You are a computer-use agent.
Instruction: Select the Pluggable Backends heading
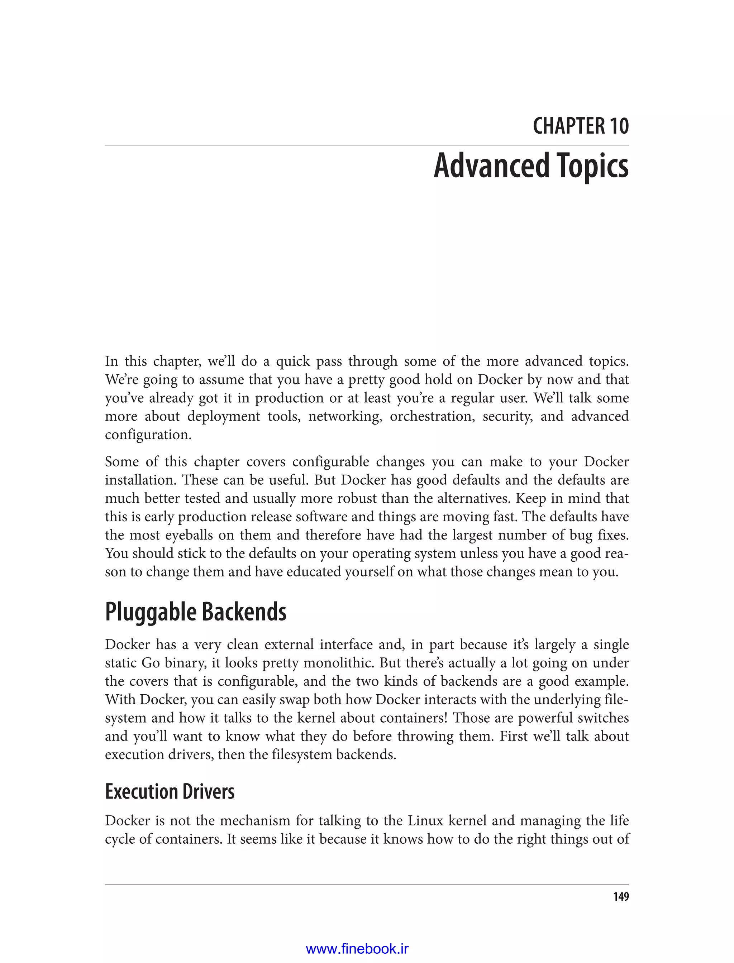coord(195,612)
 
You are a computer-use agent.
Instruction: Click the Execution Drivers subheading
coord(170,791)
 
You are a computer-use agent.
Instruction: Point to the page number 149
coord(620,897)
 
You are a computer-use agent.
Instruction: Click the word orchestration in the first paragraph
coord(432,416)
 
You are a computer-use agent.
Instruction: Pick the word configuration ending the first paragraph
coord(148,435)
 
